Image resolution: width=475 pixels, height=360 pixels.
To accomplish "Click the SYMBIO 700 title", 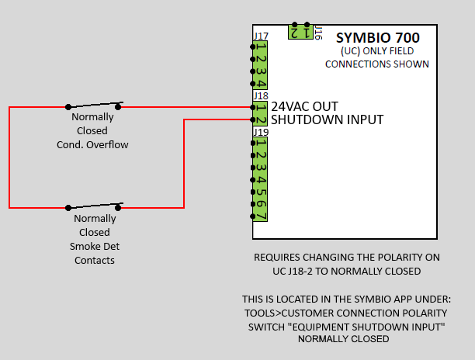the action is click(378, 38).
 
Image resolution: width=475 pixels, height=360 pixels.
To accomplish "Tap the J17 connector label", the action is click(261, 36).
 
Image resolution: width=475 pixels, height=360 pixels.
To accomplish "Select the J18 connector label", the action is click(261, 96).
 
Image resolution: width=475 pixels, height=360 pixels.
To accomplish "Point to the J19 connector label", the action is click(261, 133).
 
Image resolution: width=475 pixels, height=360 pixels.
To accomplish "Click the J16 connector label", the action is click(318, 33).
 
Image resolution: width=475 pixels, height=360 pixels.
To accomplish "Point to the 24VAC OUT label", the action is click(304, 106).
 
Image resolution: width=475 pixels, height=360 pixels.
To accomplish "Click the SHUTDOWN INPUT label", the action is click(328, 119).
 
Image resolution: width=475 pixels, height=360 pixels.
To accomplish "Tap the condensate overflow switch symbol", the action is click(93, 106).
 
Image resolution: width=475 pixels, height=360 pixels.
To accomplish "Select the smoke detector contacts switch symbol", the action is click(93, 206).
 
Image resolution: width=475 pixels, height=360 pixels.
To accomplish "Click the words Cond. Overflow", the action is click(92, 145).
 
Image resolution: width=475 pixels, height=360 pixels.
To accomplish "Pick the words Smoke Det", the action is click(95, 246).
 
